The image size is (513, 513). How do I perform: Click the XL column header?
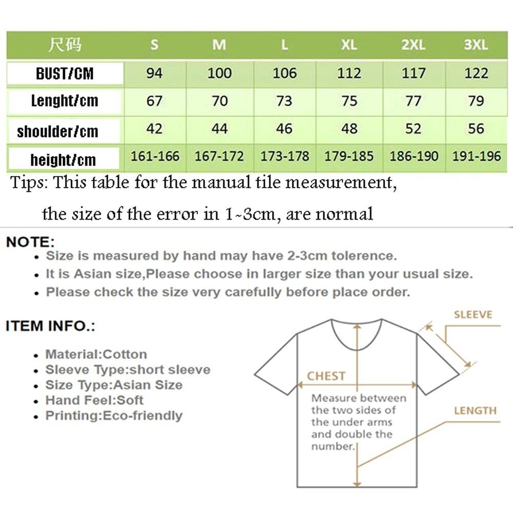[x=349, y=45]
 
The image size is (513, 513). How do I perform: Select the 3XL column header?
[x=476, y=45]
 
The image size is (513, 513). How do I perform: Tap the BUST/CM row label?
[x=65, y=73]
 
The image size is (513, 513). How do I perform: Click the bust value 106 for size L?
[x=284, y=73]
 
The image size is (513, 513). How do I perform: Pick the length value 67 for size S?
[x=154, y=101]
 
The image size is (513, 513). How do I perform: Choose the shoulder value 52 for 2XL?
[x=413, y=128]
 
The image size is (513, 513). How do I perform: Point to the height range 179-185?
[x=349, y=156]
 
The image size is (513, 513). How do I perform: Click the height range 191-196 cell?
[x=476, y=156]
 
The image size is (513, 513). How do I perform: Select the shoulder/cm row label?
[x=57, y=131]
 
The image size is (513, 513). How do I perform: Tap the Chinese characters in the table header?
[x=65, y=45]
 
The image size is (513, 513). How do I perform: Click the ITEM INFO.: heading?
[x=50, y=326]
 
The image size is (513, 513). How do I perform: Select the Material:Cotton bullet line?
[x=96, y=354]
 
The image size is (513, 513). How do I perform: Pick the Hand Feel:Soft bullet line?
[x=94, y=400]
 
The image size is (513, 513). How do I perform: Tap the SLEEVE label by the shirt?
[x=472, y=314]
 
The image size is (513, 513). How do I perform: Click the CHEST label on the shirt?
[x=326, y=376]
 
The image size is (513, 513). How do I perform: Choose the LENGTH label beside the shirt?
[x=475, y=410]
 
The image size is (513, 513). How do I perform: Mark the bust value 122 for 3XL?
[x=476, y=73]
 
